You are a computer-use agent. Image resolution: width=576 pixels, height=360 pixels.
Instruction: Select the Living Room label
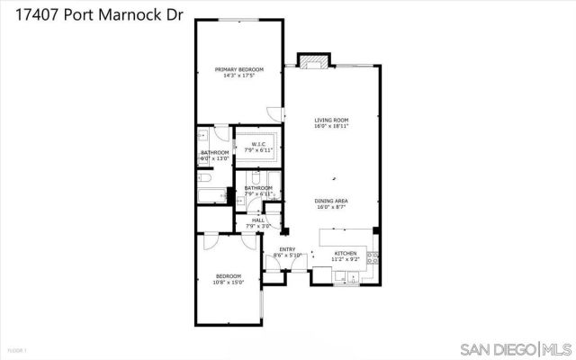[331, 120]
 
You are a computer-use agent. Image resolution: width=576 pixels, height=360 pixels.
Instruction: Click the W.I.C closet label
[256, 144]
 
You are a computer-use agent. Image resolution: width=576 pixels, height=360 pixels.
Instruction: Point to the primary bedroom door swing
[274, 112]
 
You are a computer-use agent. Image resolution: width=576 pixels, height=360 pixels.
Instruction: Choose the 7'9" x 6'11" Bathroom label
[258, 191]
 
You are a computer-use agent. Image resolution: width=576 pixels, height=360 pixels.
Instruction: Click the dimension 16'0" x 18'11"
[331, 127]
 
